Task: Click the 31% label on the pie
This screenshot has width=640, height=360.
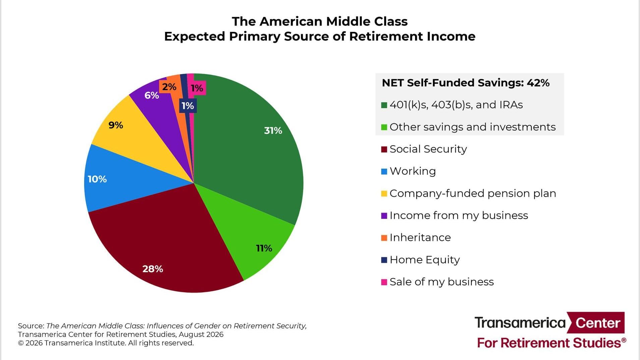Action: [273, 130]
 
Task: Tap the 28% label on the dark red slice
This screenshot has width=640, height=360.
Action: [153, 269]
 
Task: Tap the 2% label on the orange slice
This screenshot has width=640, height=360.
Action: [169, 87]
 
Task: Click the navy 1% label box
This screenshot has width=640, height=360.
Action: [188, 106]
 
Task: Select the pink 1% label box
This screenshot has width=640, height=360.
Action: [197, 88]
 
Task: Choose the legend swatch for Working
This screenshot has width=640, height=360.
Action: [384, 172]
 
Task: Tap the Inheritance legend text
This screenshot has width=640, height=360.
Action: [420, 237]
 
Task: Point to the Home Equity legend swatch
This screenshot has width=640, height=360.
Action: [384, 260]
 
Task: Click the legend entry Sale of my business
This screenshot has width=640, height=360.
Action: [437, 282]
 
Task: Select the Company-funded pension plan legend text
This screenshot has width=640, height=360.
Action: [473, 193]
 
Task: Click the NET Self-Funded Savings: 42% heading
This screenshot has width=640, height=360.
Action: [466, 83]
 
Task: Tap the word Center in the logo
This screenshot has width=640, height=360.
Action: [598, 323]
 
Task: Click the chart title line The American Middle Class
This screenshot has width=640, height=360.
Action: [320, 21]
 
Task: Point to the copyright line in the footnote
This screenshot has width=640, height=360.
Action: [106, 343]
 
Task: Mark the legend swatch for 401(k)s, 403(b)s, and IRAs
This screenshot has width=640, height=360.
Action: [384, 105]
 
